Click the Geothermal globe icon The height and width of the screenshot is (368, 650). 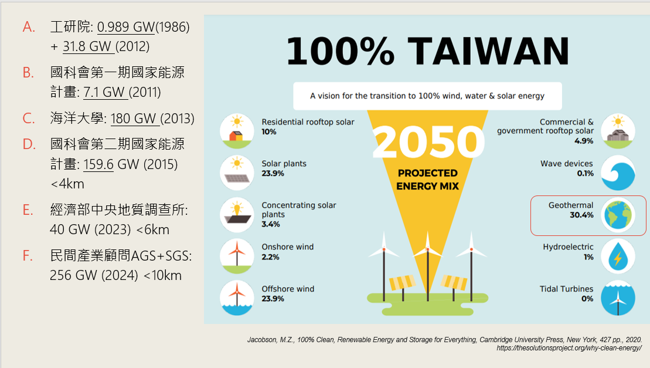coord(618,215)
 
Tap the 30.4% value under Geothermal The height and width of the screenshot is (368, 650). coord(581,215)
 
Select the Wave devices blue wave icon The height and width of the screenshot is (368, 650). coord(618,173)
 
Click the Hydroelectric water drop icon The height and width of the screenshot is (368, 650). coord(618,256)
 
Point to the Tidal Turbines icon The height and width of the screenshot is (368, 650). coord(618,298)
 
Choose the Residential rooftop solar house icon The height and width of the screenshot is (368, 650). coord(237,131)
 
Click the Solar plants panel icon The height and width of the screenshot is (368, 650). coord(237,173)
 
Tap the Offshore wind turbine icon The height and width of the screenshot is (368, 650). coord(237,298)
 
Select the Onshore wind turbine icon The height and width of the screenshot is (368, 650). coord(237,256)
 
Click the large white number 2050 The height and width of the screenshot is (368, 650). coord(428,141)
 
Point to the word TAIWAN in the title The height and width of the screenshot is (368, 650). coord(488,52)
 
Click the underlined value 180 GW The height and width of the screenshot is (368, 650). coord(133,119)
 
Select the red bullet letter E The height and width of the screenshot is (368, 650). coord(28,210)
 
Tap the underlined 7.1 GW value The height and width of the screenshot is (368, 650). coord(104,92)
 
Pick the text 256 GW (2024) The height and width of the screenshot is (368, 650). coord(94,275)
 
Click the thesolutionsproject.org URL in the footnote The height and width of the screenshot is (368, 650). coord(569,348)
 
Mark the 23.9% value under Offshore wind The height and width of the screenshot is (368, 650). coord(273,299)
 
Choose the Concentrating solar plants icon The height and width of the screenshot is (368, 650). coord(237,214)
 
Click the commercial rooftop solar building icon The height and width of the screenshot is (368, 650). coord(618,131)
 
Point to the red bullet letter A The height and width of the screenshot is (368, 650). coord(28,27)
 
